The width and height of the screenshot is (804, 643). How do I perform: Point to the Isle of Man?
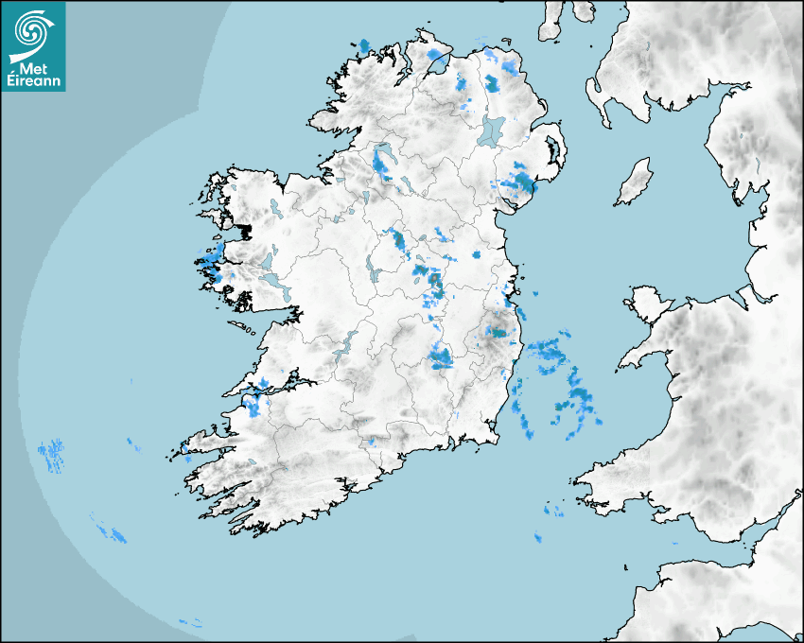point(635,182)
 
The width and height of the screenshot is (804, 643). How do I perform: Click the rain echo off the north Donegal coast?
point(364,45)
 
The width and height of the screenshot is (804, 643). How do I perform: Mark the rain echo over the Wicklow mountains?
point(497,332)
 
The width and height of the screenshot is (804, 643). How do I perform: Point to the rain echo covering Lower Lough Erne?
point(382,162)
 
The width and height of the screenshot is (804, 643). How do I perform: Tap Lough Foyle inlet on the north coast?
point(437,64)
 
